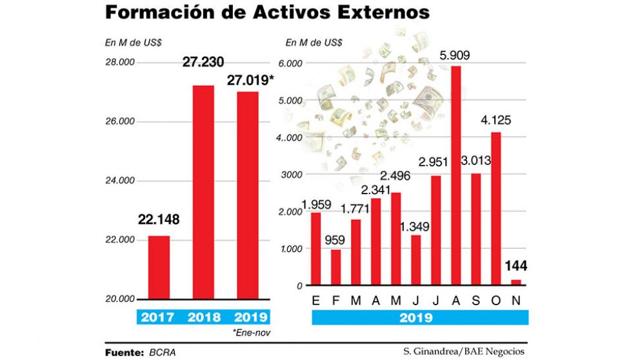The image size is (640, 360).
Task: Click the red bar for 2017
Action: [x=158, y=267]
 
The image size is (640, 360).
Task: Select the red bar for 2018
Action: [x=204, y=192]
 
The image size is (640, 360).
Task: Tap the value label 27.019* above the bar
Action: [x=251, y=81]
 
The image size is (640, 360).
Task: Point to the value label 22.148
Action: [x=158, y=220]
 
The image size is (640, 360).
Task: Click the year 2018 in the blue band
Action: [x=204, y=317]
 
